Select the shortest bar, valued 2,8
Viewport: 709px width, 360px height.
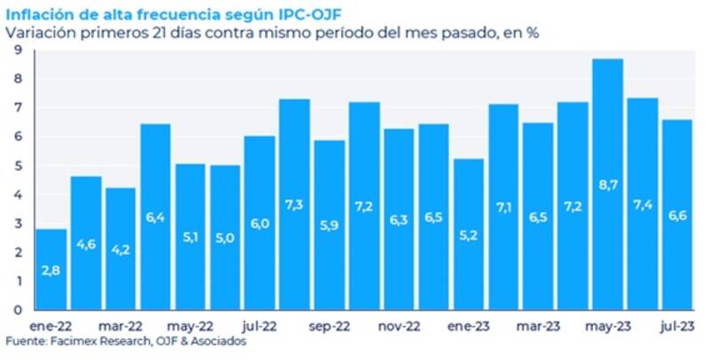pos(51,270)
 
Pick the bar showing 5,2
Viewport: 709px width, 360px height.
pos(468,234)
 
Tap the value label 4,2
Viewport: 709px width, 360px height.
pos(121,250)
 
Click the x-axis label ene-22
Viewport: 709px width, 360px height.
pos(51,325)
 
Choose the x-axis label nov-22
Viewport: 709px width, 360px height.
pos(398,325)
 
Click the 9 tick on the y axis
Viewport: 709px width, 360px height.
pos(18,51)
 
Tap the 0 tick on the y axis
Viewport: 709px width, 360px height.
pos(18,310)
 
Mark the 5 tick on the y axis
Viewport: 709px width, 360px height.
pos(18,166)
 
